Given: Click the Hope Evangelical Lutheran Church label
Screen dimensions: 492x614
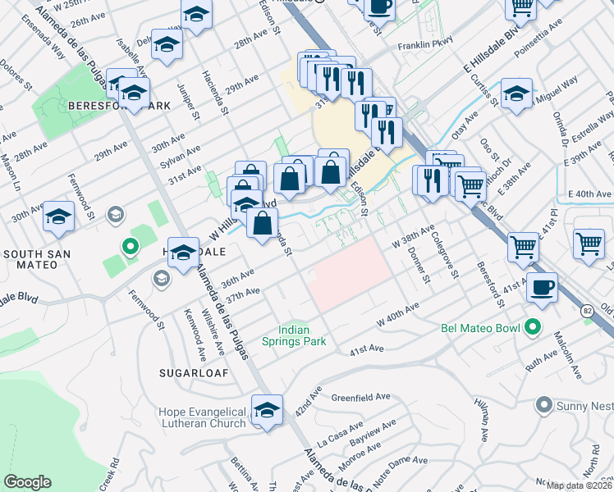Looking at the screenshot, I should tap(203, 417).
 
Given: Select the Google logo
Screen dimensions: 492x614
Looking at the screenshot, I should tap(27, 482).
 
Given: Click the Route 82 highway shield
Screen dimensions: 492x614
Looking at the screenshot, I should tap(586, 311).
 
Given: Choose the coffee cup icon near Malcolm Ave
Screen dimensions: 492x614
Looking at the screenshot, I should tap(542, 288).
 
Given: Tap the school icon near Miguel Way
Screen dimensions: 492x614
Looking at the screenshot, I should tap(516, 94).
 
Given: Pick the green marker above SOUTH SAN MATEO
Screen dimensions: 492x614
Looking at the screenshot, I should tap(129, 244).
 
